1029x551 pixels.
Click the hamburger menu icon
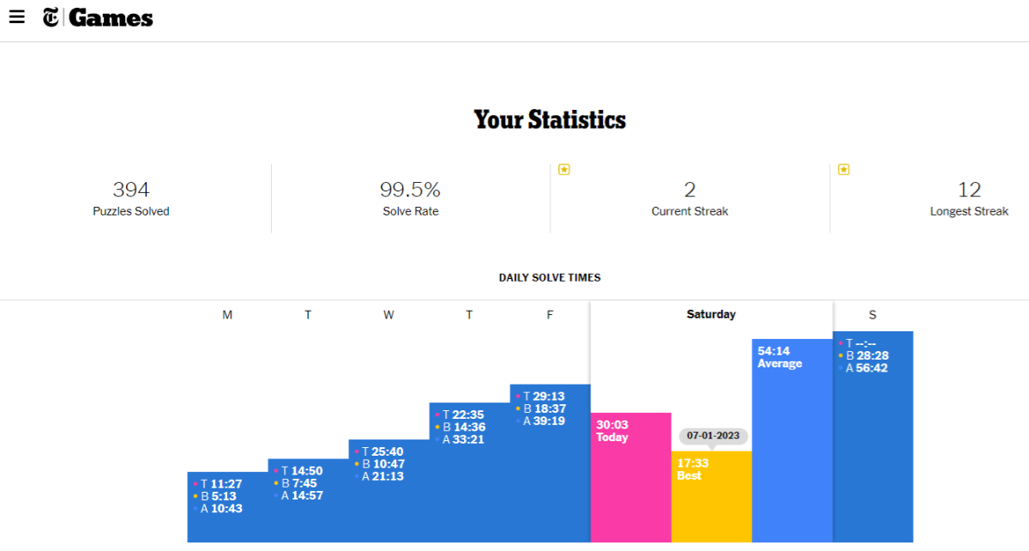click(x=17, y=17)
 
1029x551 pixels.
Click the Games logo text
click(x=111, y=17)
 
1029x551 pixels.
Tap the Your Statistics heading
click(x=550, y=119)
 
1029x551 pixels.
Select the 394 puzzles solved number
click(x=131, y=190)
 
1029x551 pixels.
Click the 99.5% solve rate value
click(x=410, y=190)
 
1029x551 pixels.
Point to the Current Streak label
click(x=689, y=211)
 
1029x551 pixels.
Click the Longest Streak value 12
click(x=969, y=190)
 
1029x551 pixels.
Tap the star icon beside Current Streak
click(x=564, y=169)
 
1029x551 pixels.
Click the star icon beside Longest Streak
click(x=844, y=169)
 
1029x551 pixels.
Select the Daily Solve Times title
click(x=550, y=278)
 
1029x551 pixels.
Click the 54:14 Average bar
click(x=792, y=446)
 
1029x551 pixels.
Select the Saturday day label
click(x=711, y=315)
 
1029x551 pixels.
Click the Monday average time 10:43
click(x=226, y=509)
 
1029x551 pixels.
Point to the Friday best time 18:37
click(x=549, y=409)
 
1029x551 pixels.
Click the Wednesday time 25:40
click(x=387, y=451)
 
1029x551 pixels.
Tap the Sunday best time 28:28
click(x=871, y=355)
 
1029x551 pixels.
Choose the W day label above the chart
click(x=388, y=315)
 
